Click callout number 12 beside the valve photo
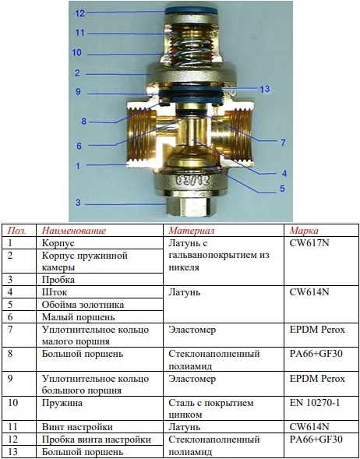click(79, 13)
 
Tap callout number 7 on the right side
click(283, 143)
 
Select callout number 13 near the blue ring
click(265, 89)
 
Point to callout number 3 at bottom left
click(78, 203)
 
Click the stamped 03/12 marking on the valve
click(192, 180)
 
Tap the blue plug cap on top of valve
click(192, 11)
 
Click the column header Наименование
click(74, 231)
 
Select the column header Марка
click(304, 231)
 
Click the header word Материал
click(192, 231)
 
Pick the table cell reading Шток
click(55, 292)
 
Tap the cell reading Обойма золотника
click(83, 305)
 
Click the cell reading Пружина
click(62, 403)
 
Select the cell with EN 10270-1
click(315, 403)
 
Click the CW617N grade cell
click(309, 243)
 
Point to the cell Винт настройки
click(77, 427)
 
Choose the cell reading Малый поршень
click(79, 317)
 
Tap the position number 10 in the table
click(13, 403)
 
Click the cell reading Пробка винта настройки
click(97, 440)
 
